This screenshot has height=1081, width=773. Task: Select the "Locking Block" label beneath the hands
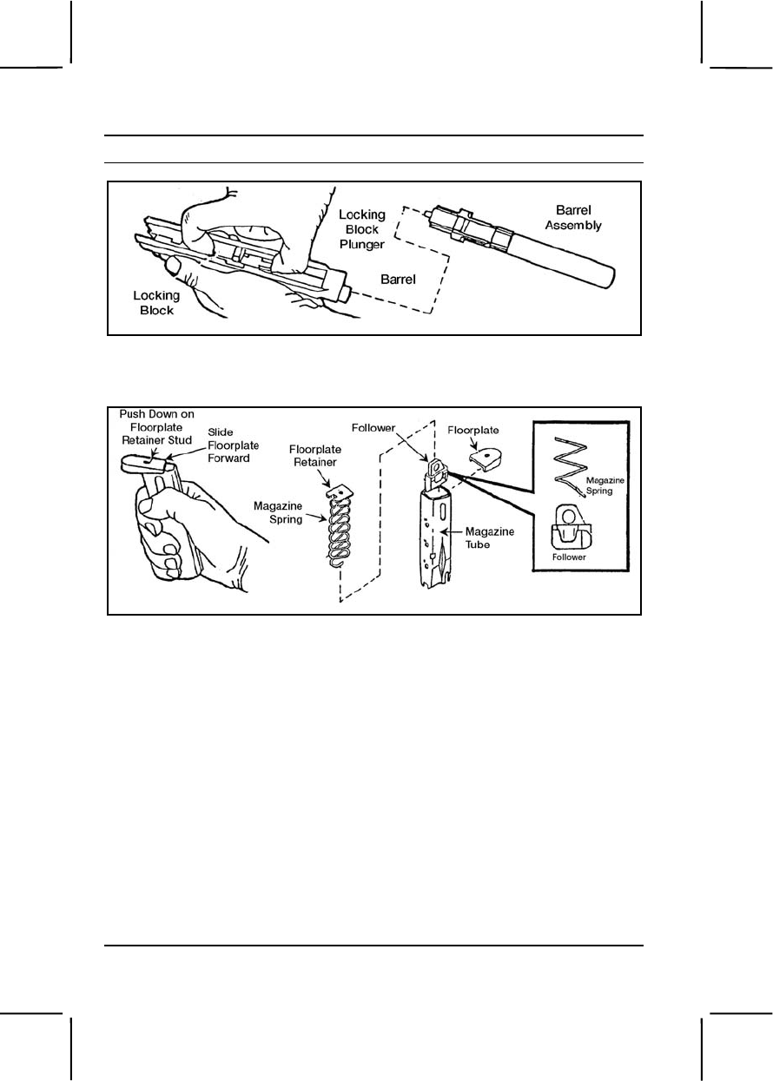tap(157, 301)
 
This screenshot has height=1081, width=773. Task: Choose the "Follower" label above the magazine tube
tap(375, 428)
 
